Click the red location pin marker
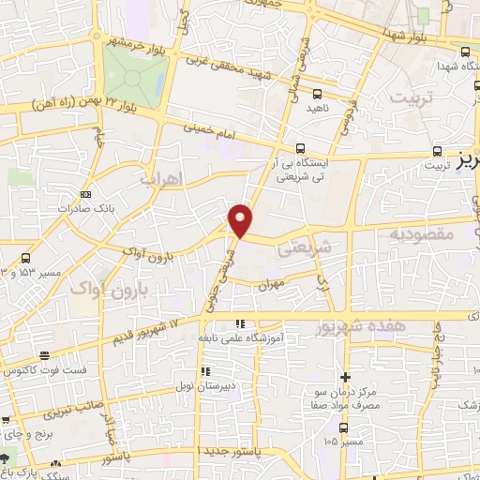242,219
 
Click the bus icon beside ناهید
316,94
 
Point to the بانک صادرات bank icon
86,194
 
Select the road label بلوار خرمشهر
141,42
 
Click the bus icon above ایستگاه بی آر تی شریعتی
300,148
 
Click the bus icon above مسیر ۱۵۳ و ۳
25,258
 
